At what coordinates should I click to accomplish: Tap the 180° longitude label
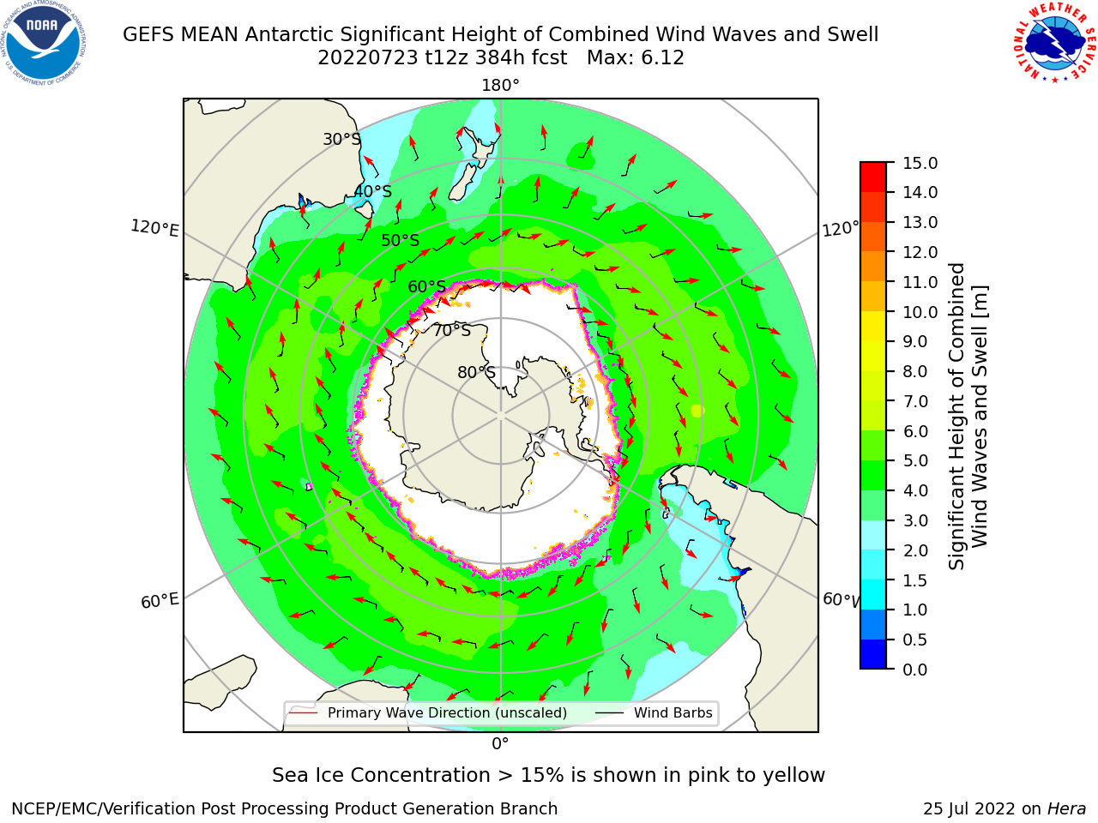500,86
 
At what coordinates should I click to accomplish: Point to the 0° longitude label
500,744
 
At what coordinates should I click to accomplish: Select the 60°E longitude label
160,600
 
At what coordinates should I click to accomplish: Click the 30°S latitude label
341,139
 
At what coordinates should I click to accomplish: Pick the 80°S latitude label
476,372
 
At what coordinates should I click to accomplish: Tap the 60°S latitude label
426,286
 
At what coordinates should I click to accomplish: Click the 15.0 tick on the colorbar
920,163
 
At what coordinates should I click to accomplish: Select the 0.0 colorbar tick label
915,670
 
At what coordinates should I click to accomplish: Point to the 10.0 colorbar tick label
920,312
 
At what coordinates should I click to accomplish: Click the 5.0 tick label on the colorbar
915,460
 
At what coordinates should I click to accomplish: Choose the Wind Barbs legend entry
654,712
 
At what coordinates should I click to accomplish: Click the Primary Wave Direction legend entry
428,712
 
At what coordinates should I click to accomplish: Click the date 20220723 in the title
368,58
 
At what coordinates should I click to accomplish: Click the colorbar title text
968,416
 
